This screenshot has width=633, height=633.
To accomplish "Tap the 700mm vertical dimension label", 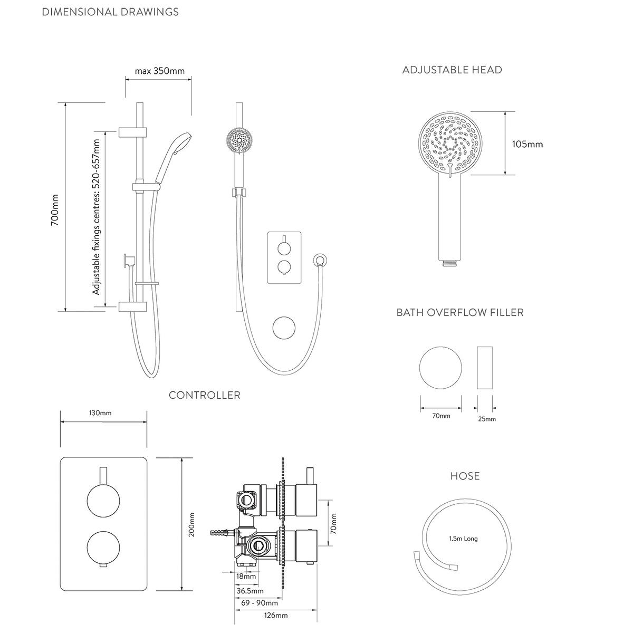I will (54, 210).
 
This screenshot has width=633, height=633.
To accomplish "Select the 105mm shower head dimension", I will (527, 143).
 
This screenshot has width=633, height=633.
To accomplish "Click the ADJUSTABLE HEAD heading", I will (452, 70).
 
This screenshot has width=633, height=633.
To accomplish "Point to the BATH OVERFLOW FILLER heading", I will (460, 312).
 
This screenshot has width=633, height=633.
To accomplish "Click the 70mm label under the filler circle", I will (441, 416).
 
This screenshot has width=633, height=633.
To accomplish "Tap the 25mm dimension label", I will (486, 419).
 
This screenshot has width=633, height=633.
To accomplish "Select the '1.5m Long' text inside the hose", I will (463, 539).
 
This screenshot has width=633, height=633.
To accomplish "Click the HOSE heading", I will (465, 476).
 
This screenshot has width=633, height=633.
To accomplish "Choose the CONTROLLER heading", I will (205, 395).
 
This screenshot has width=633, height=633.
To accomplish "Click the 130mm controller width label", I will (100, 413).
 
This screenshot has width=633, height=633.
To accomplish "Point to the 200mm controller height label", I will (192, 525).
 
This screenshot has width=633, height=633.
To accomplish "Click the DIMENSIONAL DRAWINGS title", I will (110, 12).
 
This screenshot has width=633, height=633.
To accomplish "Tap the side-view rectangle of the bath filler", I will (484, 368).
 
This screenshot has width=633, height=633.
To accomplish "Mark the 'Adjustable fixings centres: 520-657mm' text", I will (96, 217).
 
